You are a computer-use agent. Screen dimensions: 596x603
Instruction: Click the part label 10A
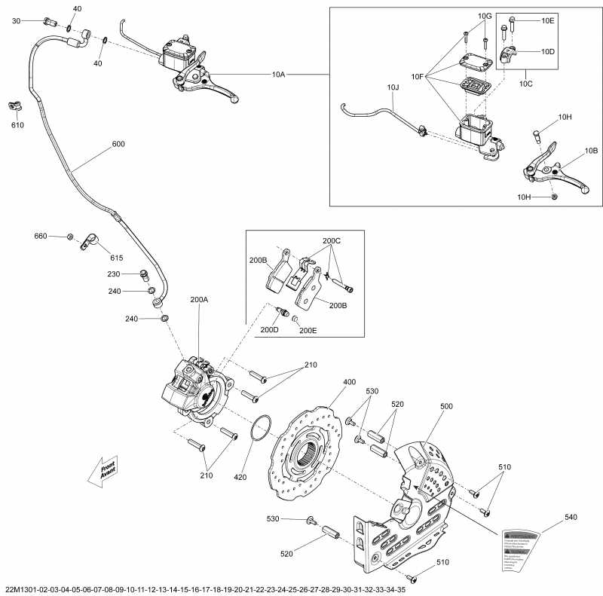pos(280,75)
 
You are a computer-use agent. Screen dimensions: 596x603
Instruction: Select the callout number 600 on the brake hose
pos(118,143)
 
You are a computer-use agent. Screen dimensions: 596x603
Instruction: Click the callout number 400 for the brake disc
pos(349,382)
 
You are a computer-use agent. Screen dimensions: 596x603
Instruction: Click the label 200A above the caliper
pos(199,299)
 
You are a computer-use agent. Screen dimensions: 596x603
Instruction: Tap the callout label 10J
pos(393,87)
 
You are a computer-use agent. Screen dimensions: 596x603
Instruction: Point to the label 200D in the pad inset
pos(269,329)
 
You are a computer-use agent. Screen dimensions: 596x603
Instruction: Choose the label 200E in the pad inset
pos(308,329)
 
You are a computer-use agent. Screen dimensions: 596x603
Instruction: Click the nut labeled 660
pos(69,237)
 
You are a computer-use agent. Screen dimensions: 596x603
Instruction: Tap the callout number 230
pos(114,274)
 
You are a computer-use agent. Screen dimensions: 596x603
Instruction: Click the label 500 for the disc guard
pos(447,406)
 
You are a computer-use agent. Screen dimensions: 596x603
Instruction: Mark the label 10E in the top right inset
pos(547,21)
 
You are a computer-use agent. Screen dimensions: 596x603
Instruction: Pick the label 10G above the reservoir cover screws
pos(485,16)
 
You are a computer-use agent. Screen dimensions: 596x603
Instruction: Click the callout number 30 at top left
pos(16,21)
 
